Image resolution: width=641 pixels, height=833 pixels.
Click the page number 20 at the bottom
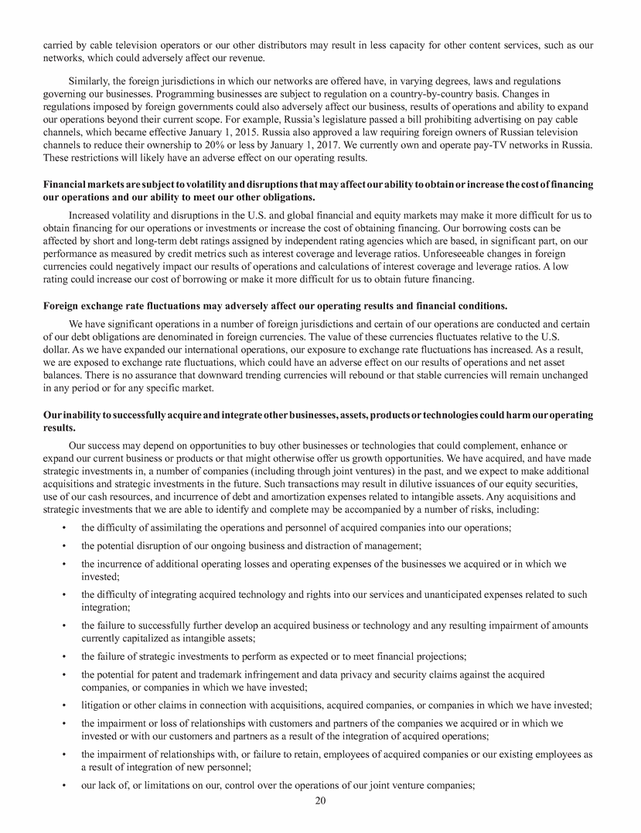(x=320, y=801)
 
